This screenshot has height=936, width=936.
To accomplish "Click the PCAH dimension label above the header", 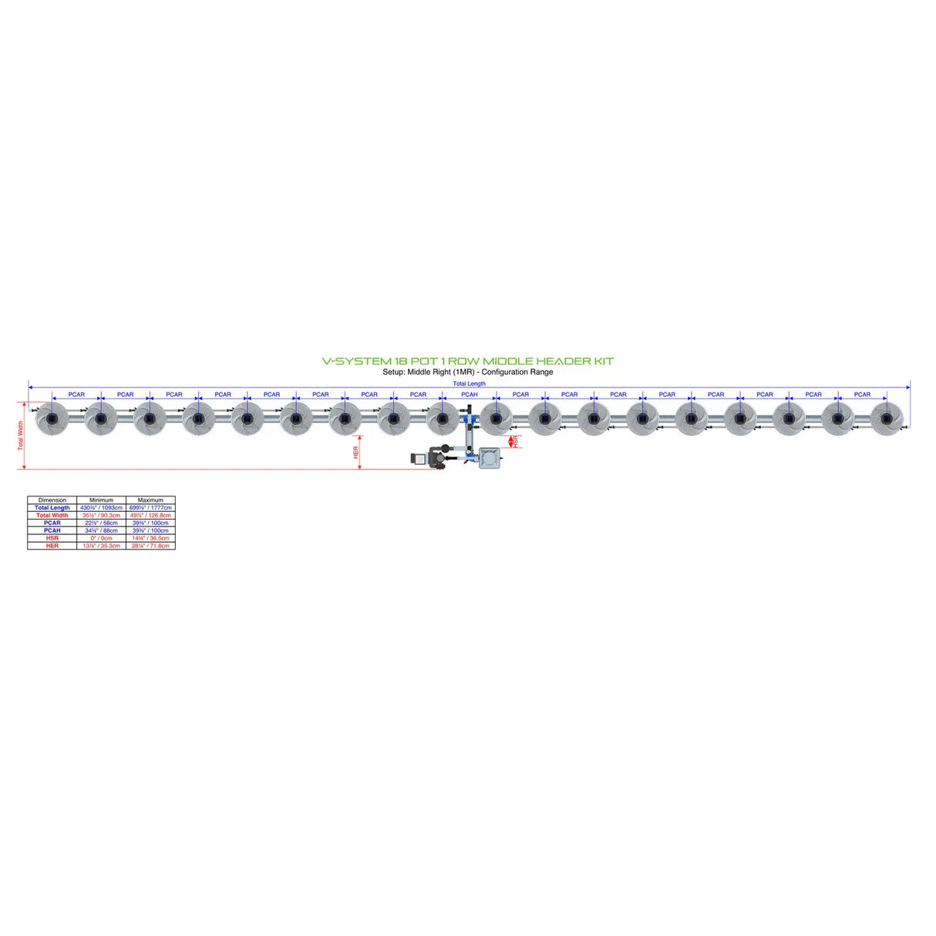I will [x=469, y=395].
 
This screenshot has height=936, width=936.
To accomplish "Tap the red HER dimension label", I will [x=356, y=453].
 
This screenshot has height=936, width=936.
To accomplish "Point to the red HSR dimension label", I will [x=515, y=442].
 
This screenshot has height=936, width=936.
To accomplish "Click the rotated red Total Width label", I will [x=21, y=435].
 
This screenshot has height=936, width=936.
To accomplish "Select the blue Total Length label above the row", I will [x=469, y=383].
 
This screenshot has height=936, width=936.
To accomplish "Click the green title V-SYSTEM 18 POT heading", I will [x=467, y=361].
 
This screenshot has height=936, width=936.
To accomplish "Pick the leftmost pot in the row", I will [x=52, y=418].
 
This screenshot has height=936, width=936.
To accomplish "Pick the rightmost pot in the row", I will [x=886, y=418].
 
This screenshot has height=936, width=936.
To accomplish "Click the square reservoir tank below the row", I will [x=490, y=459].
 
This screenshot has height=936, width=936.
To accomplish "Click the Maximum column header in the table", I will [x=150, y=500].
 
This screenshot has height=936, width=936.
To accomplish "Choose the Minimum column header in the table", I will [x=101, y=500].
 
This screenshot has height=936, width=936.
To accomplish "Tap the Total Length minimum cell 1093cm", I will [x=101, y=508].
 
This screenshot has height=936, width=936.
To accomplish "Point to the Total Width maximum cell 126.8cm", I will [x=150, y=515].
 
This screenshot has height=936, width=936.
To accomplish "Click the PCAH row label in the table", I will [x=52, y=530].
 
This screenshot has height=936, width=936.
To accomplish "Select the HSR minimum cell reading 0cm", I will [x=101, y=538].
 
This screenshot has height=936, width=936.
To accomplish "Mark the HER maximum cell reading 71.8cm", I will [x=150, y=546].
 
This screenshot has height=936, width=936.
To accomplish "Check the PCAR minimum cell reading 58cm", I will [x=101, y=523].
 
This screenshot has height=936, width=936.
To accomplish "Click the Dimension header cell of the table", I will [x=52, y=500].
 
